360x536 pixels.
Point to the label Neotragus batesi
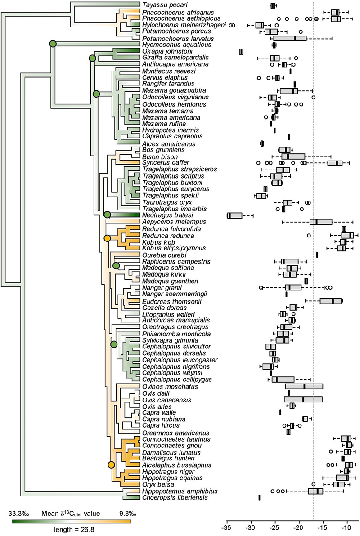162,215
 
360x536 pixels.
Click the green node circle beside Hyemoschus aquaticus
53,44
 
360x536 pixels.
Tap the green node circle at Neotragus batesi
108,215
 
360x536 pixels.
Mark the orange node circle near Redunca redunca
107,238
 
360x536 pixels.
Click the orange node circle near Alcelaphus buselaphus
111,465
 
